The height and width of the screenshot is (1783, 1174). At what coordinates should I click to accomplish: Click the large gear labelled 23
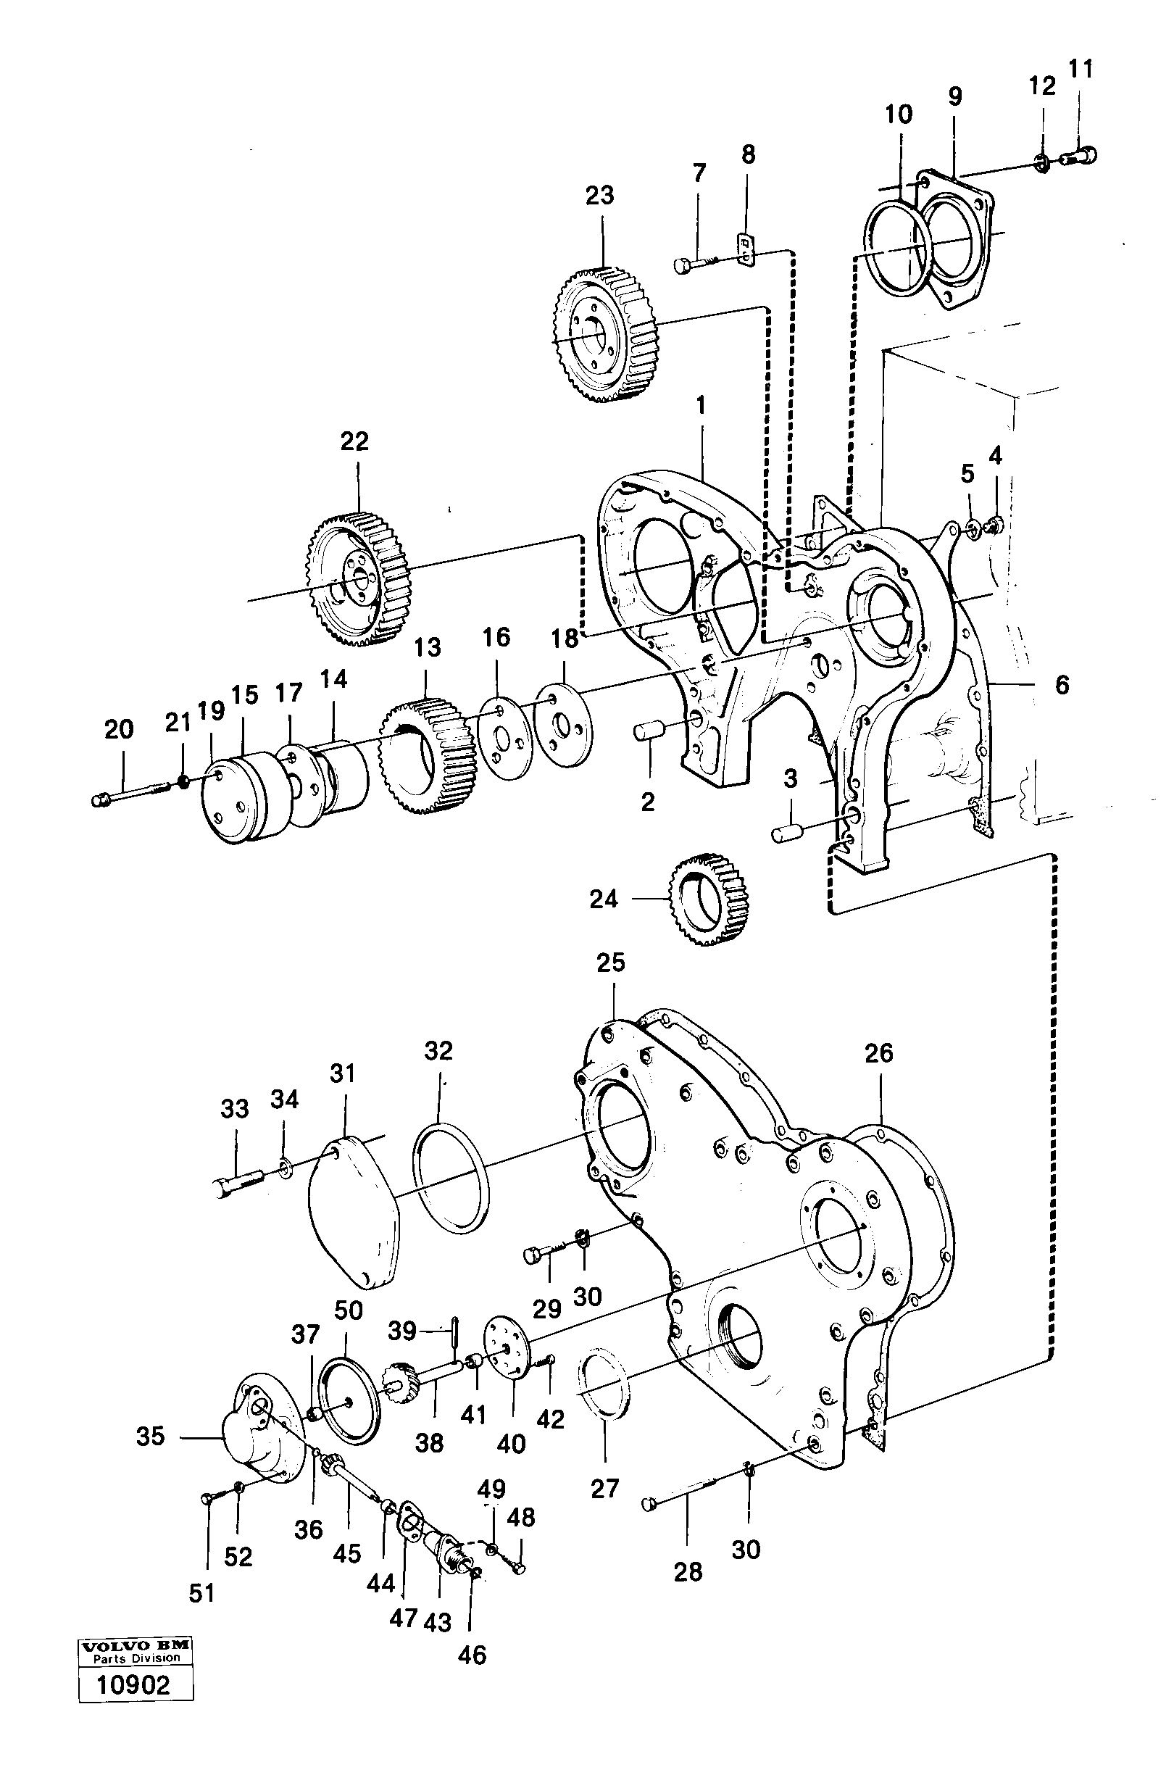605,335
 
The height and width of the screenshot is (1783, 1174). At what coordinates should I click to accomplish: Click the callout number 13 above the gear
427,647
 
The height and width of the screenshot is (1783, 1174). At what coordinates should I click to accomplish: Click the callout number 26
878,1054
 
